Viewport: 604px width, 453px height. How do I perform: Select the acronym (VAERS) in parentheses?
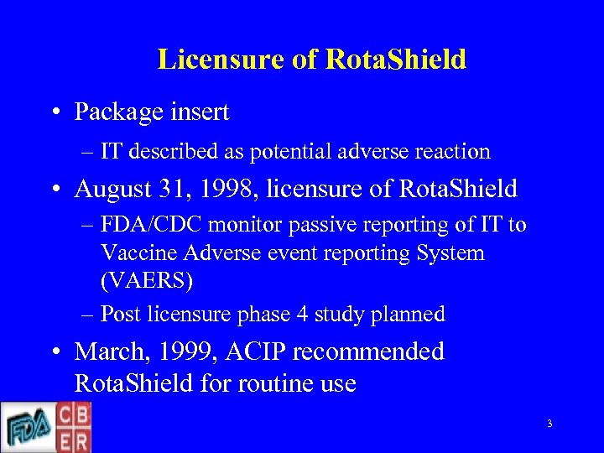146,280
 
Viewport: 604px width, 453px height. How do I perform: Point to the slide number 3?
549,424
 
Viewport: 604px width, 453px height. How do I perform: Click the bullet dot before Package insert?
54,112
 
